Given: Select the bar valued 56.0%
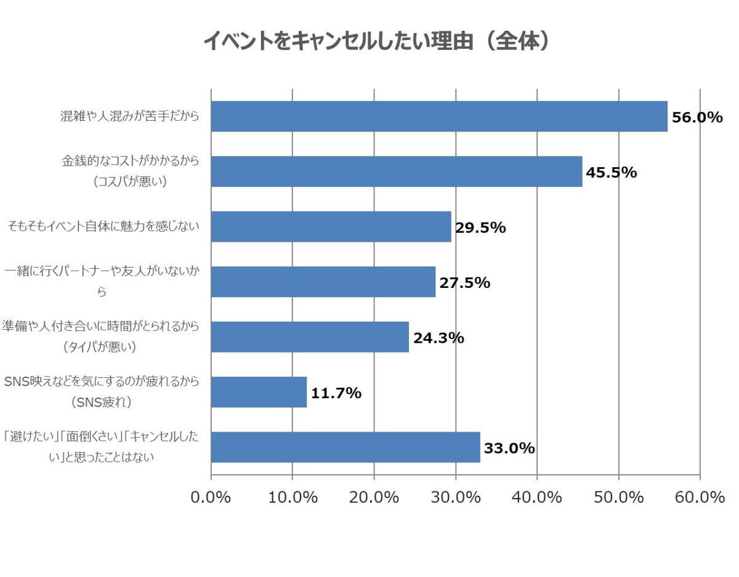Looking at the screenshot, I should [x=439, y=117].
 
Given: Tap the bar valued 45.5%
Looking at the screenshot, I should [x=397, y=171].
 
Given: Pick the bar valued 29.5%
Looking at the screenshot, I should [x=331, y=227].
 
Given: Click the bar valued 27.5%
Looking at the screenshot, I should [x=323, y=282].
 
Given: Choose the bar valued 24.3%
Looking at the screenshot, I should [x=310, y=337].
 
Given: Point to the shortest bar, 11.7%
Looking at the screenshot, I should [x=259, y=392].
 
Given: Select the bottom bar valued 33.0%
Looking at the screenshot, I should [x=345, y=448].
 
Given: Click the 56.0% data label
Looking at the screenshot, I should [x=697, y=117].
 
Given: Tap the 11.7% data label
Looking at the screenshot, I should [x=336, y=393].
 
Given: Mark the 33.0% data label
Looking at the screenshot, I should [x=509, y=448].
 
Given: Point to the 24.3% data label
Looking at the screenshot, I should [x=438, y=338].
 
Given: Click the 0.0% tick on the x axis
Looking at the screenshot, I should [x=211, y=497].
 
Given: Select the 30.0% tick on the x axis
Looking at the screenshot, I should [x=456, y=497].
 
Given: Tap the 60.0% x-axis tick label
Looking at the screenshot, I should [x=700, y=497].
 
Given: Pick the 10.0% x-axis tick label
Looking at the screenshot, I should [x=293, y=497].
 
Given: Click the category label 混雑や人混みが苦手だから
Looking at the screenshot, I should [x=130, y=116].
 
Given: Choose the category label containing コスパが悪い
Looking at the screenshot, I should [x=130, y=171].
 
